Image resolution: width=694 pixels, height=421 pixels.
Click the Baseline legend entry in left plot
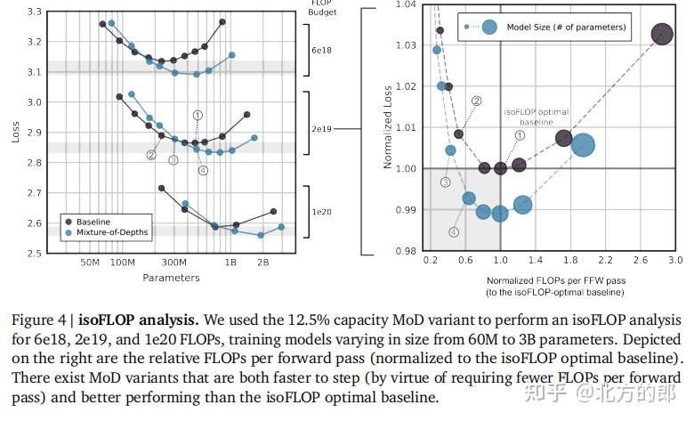coord(99,220)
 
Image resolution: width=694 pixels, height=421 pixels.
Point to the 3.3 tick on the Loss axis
coord(34,12)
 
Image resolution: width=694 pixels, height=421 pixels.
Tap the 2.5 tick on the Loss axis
coord(34,254)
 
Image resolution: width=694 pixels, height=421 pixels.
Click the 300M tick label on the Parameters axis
coord(174,263)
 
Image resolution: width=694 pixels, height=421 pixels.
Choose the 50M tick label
coord(89,263)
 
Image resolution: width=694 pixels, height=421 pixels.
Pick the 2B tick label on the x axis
coord(263,263)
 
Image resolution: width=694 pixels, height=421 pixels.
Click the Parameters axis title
coord(171,277)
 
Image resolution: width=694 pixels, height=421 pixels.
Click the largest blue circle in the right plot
coord(584,145)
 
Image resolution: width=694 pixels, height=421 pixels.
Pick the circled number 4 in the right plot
coord(454,231)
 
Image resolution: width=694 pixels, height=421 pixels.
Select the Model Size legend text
coord(567,27)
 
